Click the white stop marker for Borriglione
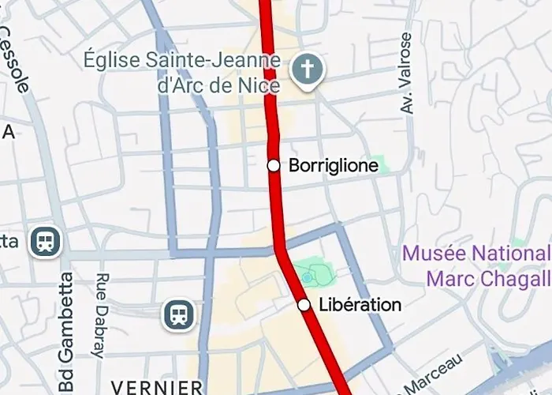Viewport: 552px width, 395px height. pyautogui.click(x=274, y=165)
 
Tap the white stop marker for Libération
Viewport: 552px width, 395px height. pyautogui.click(x=304, y=304)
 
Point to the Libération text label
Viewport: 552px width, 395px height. pyautogui.click(x=360, y=305)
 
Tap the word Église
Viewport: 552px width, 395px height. pyautogui.click(x=114, y=60)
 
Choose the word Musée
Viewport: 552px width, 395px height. pyautogui.click(x=432, y=254)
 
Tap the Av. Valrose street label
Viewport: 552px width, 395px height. pyautogui.click(x=406, y=73)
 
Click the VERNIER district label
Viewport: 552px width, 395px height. pyautogui.click(x=158, y=387)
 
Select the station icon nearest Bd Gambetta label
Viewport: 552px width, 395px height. pyautogui.click(x=46, y=241)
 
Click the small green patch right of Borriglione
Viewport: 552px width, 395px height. pyautogui.click(x=379, y=164)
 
